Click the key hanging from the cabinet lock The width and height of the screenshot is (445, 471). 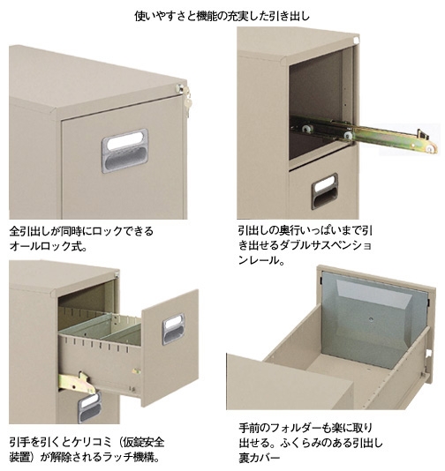(186, 102)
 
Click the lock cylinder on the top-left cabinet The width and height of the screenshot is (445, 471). (179, 88)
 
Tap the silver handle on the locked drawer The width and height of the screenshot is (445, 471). (124, 151)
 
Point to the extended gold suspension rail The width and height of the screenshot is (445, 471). (364, 134)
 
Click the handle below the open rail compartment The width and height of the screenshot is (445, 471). (324, 191)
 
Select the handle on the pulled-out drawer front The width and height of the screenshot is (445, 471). (173, 329)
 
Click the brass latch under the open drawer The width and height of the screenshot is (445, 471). (78, 383)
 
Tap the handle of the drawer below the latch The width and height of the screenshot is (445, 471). (89, 407)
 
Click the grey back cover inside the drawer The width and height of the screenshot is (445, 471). (373, 319)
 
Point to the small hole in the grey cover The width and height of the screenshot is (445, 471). (372, 319)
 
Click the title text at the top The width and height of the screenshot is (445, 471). (222, 16)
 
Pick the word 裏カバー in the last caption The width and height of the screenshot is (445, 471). (260, 458)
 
